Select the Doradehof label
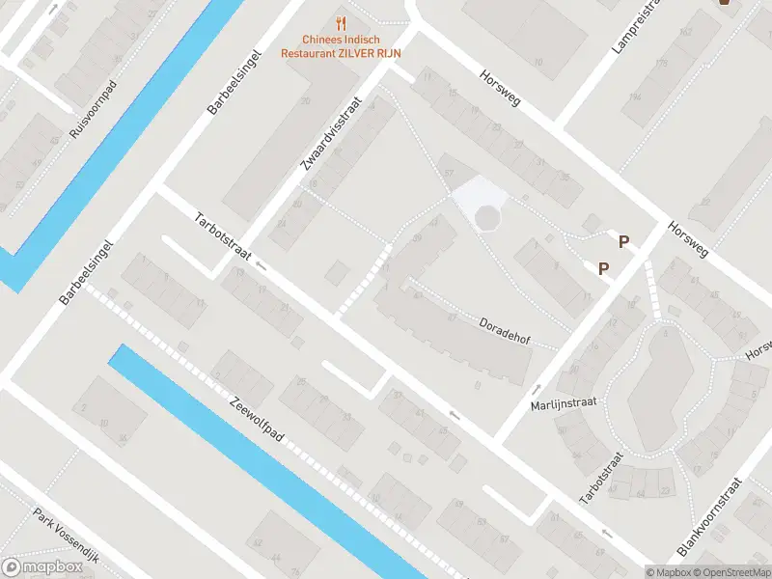(x=505, y=333)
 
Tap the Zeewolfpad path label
(x=257, y=421)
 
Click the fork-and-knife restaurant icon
(x=340, y=22)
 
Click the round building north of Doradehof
(x=488, y=219)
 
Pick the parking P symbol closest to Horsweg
(x=624, y=242)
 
